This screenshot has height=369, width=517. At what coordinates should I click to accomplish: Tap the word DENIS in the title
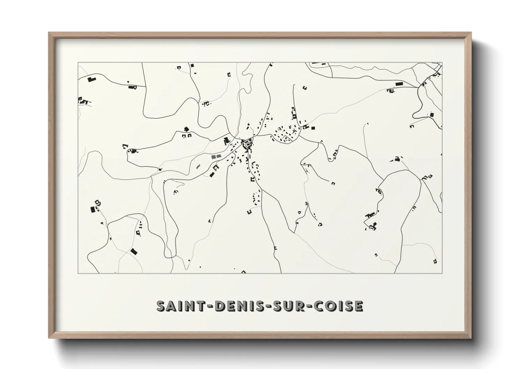[241, 306]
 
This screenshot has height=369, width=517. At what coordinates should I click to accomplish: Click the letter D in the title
[219, 306]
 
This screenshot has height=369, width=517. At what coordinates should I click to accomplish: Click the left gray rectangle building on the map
[213, 157]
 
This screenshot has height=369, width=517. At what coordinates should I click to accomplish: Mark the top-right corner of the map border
[442, 62]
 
